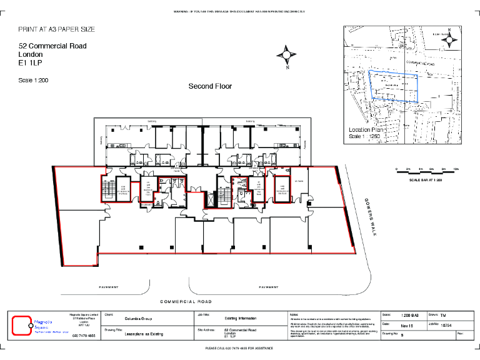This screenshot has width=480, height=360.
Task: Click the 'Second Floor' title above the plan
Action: coord(210,86)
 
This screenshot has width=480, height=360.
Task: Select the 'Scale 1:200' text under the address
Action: coord(33,81)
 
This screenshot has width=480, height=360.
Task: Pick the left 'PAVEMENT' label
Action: coord(109,287)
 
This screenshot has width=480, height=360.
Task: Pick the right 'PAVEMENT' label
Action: coord(269,287)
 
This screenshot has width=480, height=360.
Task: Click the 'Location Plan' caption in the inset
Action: coord(368,130)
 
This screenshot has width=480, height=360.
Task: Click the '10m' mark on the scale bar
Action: coord(456,169)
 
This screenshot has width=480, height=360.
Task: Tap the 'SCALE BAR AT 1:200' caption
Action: coord(426,180)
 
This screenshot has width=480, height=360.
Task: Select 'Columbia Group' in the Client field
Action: coord(138,319)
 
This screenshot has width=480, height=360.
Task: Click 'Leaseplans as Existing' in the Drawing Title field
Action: coord(144,334)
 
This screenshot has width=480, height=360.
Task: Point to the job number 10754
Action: coord(446,325)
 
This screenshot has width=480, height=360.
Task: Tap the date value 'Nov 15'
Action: coord(406,325)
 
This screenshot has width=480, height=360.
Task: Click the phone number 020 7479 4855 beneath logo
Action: coord(84,336)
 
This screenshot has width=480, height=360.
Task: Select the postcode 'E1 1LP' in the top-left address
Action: coord(30,63)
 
